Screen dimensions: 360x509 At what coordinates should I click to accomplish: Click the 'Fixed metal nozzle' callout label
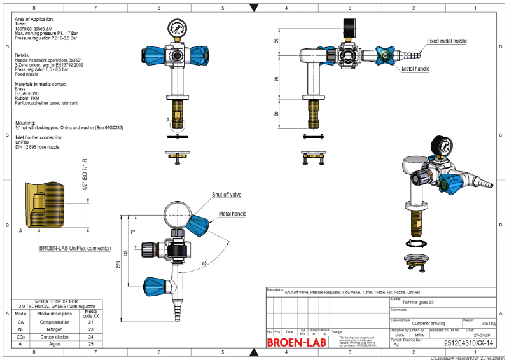(447, 41)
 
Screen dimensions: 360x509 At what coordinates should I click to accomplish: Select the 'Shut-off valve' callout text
(226, 194)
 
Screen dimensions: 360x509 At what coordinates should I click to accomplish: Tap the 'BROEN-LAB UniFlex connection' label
(74, 248)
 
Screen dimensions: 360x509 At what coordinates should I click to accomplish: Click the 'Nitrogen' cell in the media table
(53, 329)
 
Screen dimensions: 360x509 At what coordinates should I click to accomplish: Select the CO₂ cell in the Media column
(20, 336)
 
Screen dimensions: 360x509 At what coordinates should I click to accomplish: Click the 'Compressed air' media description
(53, 322)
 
